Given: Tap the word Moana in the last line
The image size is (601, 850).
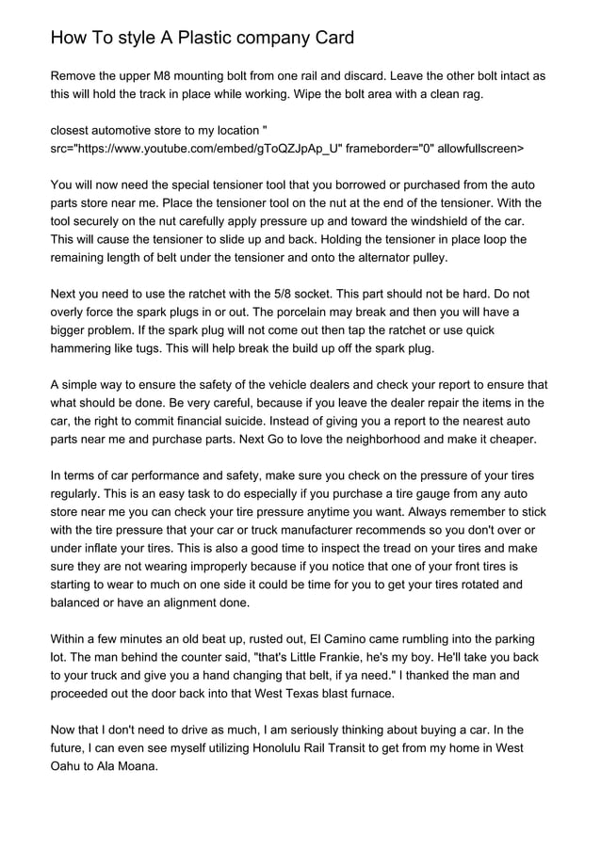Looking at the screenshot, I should pyautogui.click(x=135, y=766).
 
